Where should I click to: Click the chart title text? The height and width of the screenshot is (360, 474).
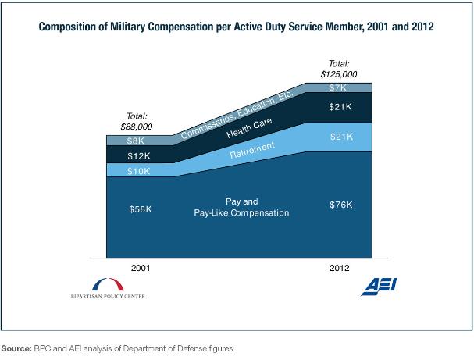click(x=236, y=27)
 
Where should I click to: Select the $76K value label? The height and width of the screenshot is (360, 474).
click(x=340, y=205)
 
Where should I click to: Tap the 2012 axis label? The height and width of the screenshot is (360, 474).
click(x=340, y=267)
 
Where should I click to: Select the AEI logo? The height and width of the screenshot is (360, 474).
click(x=377, y=287)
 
